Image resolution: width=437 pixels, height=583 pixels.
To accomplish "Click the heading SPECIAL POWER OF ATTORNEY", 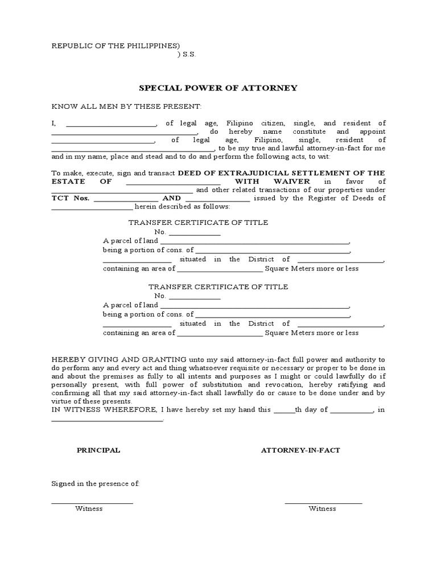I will (218, 88).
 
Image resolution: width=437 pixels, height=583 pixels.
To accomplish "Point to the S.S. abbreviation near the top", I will (188, 55).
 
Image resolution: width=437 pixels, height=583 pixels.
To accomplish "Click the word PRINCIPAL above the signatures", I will (98, 450).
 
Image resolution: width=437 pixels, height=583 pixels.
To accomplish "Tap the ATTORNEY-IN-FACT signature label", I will (300, 450).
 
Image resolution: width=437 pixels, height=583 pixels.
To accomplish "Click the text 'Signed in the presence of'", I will (96, 483).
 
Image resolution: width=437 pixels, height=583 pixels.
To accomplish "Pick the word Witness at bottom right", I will (322, 508).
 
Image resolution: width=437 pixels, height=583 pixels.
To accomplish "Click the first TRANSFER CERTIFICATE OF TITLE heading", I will (198, 223).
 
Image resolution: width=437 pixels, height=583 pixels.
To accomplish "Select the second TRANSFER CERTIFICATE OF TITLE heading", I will (218, 287).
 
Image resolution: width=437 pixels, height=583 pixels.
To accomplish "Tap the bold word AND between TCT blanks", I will (172, 198).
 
